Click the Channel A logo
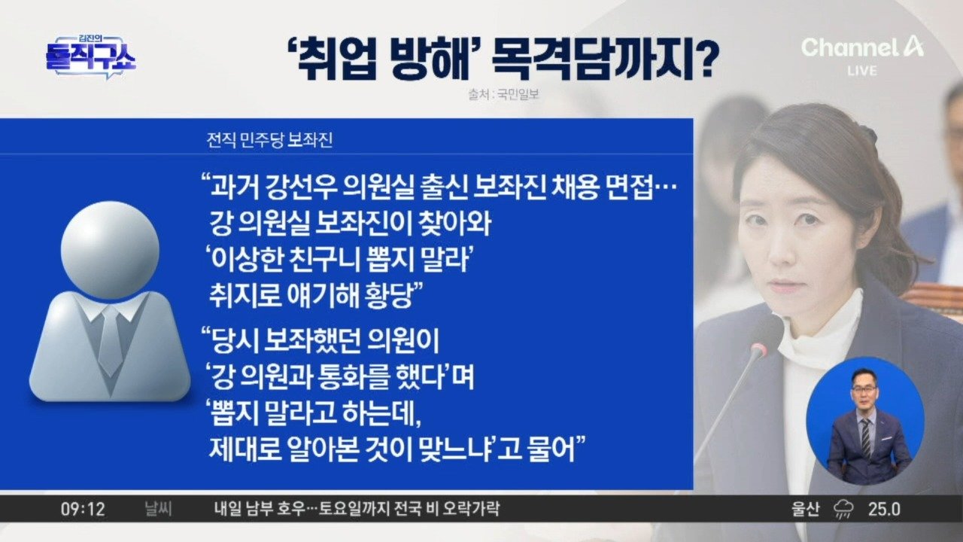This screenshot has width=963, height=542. (862, 47)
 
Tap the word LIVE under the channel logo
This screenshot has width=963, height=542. (862, 71)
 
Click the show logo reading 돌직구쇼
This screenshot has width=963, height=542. (90, 57)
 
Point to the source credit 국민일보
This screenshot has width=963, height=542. (518, 94)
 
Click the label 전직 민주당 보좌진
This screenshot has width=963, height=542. (269, 141)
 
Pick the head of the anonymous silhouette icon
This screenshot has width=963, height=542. (110, 249)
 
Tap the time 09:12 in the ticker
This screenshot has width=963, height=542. (83, 510)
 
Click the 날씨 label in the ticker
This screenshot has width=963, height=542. (159, 510)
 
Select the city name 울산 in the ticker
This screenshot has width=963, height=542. (806, 510)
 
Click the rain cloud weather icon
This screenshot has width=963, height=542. (844, 510)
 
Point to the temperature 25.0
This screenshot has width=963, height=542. (884, 510)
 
